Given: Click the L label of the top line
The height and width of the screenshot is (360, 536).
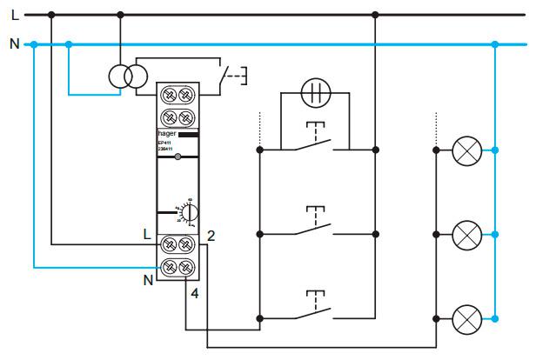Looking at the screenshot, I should point(14,15).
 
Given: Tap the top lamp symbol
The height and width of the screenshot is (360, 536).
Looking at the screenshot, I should point(467,151).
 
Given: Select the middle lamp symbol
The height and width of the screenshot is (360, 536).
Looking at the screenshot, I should point(467,234).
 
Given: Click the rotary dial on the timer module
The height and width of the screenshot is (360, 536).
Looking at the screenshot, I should point(191,211).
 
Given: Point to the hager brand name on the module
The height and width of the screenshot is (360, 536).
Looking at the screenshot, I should point(167,134).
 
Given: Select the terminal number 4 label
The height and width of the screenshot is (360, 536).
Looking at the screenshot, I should point(194,294).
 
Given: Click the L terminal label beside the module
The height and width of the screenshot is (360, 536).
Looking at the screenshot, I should point(147,233).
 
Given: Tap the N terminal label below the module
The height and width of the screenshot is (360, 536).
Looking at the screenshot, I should point(147,279).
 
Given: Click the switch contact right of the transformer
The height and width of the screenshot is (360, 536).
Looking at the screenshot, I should point(228,77).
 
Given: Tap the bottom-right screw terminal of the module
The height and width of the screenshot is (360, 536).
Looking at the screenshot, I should point(186,267).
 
